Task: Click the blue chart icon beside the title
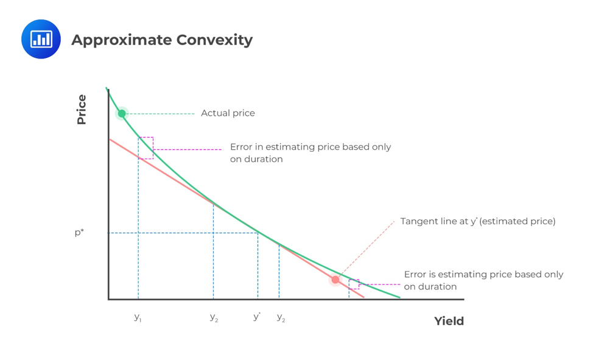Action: point(41,40)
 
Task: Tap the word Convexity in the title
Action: point(214,40)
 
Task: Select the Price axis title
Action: point(82,110)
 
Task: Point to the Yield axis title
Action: point(449,321)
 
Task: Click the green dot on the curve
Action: point(122,113)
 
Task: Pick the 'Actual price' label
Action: point(228,113)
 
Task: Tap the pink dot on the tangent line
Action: point(335,280)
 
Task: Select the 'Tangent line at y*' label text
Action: point(477,221)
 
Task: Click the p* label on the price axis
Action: point(79,233)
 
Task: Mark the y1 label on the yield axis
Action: point(138,317)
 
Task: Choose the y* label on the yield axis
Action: point(257,317)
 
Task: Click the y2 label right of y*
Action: point(281,317)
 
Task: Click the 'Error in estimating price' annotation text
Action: point(311,153)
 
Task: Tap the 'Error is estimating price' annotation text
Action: point(483,280)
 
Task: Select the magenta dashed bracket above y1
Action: point(147,148)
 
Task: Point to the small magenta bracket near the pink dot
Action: point(354,284)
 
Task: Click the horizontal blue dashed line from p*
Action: point(183,233)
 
